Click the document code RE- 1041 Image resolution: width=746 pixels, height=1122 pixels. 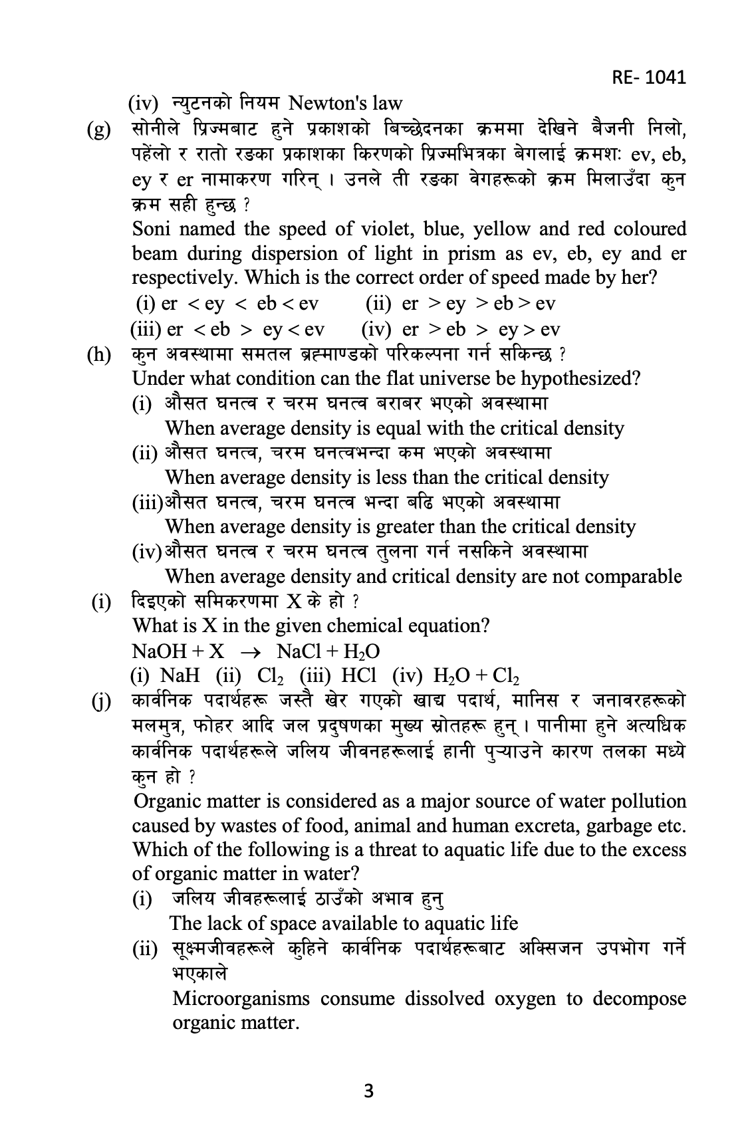click(x=648, y=77)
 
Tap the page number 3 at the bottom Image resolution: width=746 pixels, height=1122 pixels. click(x=370, y=1091)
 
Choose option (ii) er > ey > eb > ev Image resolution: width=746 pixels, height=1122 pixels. click(x=460, y=304)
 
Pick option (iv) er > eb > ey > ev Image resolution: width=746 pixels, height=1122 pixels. click(x=460, y=330)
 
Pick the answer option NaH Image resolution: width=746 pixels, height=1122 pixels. click(x=180, y=675)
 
